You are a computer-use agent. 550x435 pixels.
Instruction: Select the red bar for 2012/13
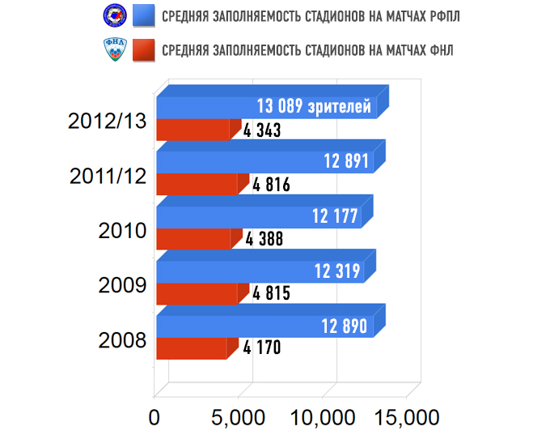click(x=194, y=130)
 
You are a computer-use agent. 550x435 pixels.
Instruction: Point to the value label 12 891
click(x=346, y=162)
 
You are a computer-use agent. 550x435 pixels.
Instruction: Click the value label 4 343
click(x=261, y=130)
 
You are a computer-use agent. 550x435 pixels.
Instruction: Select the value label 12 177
click(x=335, y=216)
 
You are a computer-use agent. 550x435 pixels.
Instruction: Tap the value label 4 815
click(x=271, y=293)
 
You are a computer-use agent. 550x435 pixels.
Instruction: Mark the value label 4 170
click(x=261, y=348)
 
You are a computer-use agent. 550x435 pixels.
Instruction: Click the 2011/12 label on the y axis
click(x=108, y=175)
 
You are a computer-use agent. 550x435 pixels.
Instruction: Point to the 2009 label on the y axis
click(x=121, y=285)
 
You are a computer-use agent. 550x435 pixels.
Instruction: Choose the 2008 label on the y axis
click(x=121, y=339)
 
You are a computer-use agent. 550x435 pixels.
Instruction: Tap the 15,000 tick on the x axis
click(x=407, y=417)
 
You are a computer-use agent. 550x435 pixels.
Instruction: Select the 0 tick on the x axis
click(x=154, y=417)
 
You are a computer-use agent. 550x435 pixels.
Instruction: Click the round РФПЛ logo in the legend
click(x=112, y=15)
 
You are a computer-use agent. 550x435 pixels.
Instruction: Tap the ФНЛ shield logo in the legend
click(x=112, y=50)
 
